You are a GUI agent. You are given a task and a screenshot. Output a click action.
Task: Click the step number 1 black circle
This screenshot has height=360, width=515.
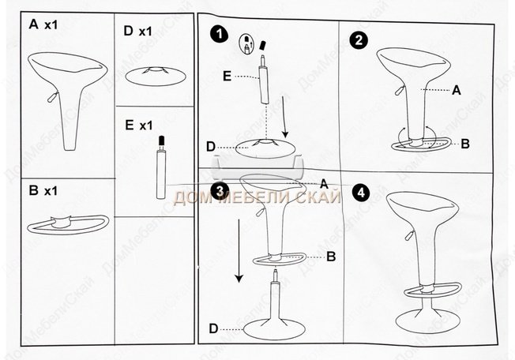tap(220, 35)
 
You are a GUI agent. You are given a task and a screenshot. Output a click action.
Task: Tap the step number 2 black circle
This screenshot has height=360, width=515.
tap(359, 40)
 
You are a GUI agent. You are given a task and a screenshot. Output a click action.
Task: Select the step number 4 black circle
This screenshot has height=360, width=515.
tap(361, 193)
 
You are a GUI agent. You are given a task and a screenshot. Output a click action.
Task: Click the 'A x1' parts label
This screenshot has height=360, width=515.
tap(43, 24)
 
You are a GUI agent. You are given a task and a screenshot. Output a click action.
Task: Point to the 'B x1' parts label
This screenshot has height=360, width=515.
tap(43, 191)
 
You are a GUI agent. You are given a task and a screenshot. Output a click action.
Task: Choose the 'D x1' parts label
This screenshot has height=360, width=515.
tap(138, 31)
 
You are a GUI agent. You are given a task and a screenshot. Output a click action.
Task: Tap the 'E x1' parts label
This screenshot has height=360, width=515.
tap(139, 126)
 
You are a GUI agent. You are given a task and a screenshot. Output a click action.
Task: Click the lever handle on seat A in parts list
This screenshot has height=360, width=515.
tap(53, 97)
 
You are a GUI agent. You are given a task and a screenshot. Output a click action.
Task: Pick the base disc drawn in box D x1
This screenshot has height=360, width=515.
tap(156, 77)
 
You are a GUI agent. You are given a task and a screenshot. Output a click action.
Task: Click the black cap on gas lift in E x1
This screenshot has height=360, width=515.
tap(161, 141)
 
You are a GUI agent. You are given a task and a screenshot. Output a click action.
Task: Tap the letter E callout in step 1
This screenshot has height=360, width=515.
tap(227, 77)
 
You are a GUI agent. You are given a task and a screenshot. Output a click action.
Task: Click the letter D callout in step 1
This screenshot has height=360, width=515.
tap(211, 147)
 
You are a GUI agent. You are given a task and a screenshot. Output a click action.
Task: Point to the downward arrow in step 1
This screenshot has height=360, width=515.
tap(285, 117)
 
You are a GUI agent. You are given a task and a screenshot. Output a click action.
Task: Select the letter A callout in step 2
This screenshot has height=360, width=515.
tap(457, 90)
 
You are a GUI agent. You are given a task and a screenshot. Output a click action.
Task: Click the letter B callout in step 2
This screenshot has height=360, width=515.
tap(465, 144)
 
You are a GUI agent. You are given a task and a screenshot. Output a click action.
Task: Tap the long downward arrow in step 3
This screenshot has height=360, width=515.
tap(239, 251)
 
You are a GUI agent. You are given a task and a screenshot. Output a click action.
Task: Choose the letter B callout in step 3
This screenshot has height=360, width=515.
tap(331, 257)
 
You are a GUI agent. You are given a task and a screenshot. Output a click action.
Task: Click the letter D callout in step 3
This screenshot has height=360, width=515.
tap(213, 328)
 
